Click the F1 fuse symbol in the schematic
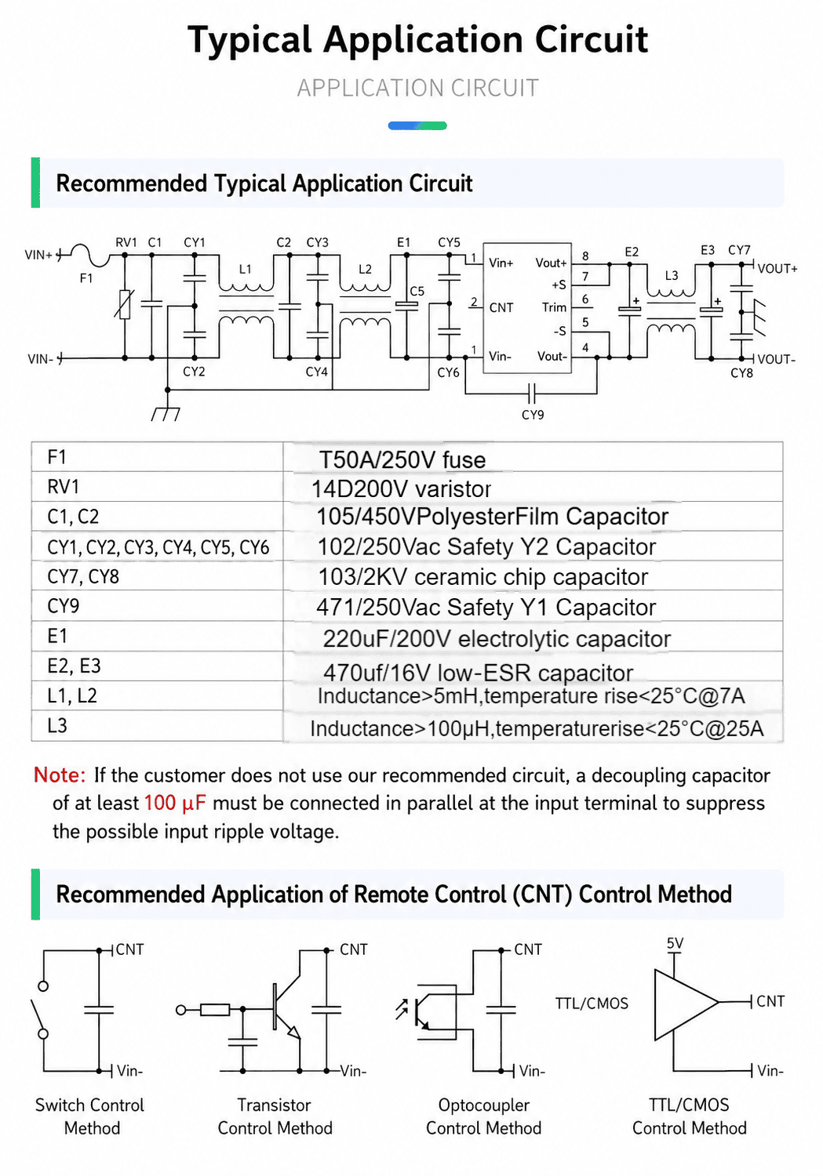[x=89, y=255]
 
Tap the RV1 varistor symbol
[x=125, y=304]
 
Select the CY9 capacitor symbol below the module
[x=531, y=392]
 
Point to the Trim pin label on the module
[x=554, y=307]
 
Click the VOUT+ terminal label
[x=777, y=269]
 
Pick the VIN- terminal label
[x=41, y=359]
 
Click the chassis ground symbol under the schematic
[x=166, y=414]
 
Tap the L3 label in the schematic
[x=672, y=276]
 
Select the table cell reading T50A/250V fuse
[x=402, y=460]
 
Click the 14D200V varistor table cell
[x=401, y=489]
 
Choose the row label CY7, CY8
[x=83, y=577]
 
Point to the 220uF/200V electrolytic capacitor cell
[x=497, y=639]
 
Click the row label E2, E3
[x=74, y=666]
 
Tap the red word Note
[x=60, y=775]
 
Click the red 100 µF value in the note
[x=175, y=804]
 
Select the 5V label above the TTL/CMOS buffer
[x=675, y=943]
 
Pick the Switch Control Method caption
[x=89, y=1116]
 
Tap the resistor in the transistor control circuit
[x=215, y=1010]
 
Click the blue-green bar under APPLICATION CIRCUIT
[x=417, y=125]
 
